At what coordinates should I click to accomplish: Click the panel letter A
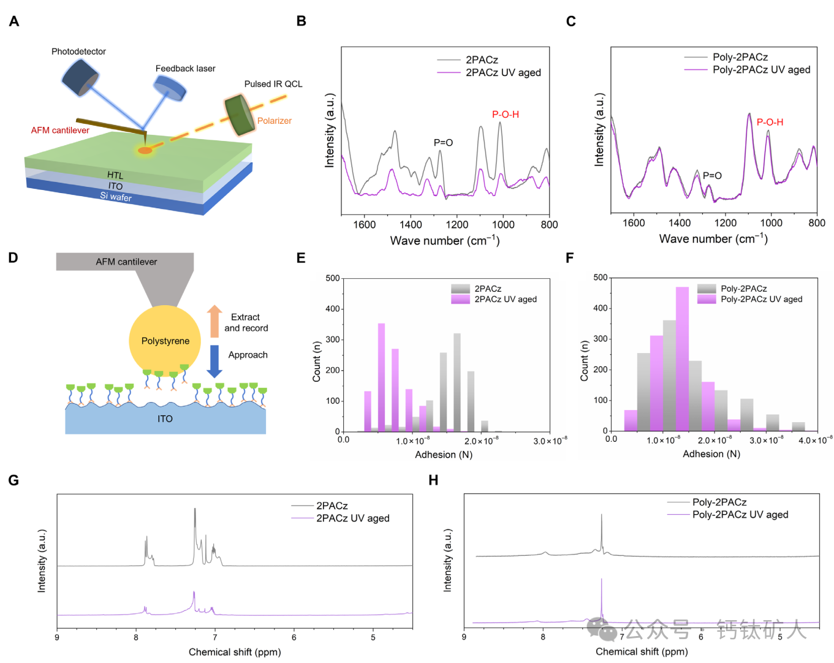pos(13,21)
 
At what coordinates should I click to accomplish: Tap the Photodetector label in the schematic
pos(78,51)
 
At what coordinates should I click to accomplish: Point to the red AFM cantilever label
pos(60,131)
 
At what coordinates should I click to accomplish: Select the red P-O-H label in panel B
pos(505,115)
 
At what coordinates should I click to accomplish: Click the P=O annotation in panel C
pos(712,176)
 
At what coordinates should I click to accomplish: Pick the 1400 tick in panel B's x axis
pos(411,225)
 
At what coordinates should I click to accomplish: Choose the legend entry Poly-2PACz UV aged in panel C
pos(761,70)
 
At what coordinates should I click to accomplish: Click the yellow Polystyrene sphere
pos(165,341)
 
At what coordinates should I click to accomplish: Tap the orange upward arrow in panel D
pos(214,321)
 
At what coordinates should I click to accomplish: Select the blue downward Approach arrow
pos(214,361)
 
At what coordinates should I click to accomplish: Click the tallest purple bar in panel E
pos(381,377)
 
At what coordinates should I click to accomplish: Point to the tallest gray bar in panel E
pos(457,382)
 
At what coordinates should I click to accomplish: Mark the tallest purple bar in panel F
pos(682,358)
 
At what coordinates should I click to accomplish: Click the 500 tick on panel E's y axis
pos(333,278)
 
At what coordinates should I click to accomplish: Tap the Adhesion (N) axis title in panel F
pos(711,454)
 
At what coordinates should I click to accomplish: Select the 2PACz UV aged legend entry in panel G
pos(352,518)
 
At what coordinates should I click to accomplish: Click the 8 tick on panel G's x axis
pos(136,637)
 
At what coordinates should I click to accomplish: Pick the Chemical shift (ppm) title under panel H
pos(642,651)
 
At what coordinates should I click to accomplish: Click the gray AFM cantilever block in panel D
pos(125,262)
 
